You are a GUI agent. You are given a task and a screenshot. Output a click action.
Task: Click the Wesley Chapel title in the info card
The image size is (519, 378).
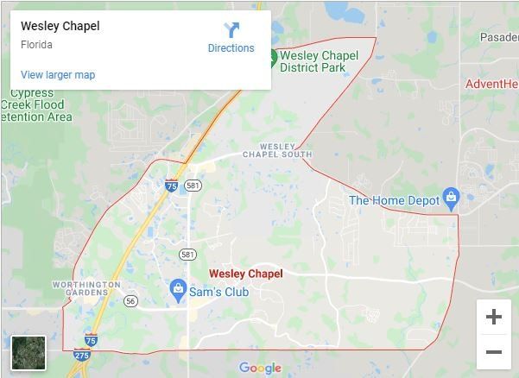[x=60, y=26]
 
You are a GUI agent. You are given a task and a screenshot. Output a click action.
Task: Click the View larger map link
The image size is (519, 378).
[x=58, y=75]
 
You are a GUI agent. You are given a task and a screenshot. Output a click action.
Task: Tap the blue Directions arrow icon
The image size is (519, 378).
[x=231, y=31]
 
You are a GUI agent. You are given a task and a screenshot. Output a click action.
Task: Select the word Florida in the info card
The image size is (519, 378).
[x=37, y=45]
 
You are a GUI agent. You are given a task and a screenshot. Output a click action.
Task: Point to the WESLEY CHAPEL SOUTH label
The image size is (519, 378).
[x=277, y=151]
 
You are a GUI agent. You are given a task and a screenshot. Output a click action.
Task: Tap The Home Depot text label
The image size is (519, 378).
[x=393, y=200]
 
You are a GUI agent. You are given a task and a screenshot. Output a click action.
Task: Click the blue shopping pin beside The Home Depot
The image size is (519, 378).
[x=450, y=198]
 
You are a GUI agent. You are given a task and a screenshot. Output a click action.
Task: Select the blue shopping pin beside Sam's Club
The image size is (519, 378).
[x=178, y=287]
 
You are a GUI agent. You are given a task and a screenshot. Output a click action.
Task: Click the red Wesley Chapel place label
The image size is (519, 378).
[x=245, y=274]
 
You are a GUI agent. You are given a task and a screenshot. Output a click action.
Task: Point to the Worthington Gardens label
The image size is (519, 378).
[x=86, y=288]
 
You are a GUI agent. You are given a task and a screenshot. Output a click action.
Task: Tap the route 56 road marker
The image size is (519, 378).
[x=130, y=301]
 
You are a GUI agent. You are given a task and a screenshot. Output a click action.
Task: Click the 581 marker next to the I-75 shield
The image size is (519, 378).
[x=193, y=186]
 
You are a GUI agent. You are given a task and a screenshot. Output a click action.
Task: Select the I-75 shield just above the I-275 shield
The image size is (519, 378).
[x=91, y=339]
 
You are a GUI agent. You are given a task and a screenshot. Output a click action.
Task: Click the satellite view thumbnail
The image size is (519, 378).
[x=28, y=353]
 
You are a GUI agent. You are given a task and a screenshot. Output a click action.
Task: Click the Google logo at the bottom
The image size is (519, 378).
[x=260, y=369]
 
